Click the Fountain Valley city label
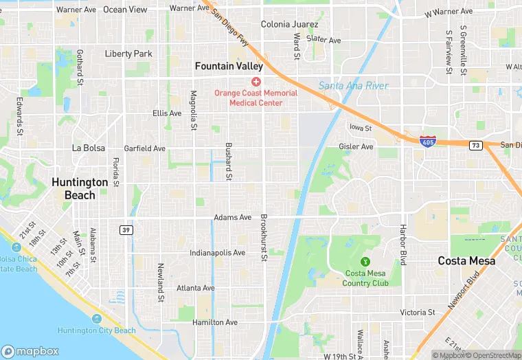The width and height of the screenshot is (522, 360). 229,67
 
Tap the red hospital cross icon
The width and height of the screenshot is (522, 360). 256,82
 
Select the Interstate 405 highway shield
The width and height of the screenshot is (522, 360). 427,139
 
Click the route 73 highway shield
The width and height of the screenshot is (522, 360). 476,145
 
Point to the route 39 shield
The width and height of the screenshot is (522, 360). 126,229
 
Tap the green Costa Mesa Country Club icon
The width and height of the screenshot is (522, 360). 365,261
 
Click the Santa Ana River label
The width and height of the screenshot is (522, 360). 353,86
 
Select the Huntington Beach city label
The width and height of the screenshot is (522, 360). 80,188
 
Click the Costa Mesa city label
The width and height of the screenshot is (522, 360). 466,261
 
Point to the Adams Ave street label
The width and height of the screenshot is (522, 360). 233,218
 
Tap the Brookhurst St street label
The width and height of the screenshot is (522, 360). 263,237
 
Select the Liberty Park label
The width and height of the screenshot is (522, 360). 128,54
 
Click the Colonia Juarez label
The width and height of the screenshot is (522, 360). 289,24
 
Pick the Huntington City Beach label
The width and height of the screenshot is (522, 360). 106,330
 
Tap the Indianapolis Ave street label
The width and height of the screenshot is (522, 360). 218,253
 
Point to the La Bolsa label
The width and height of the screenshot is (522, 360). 87,148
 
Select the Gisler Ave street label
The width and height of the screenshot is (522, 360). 356,147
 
